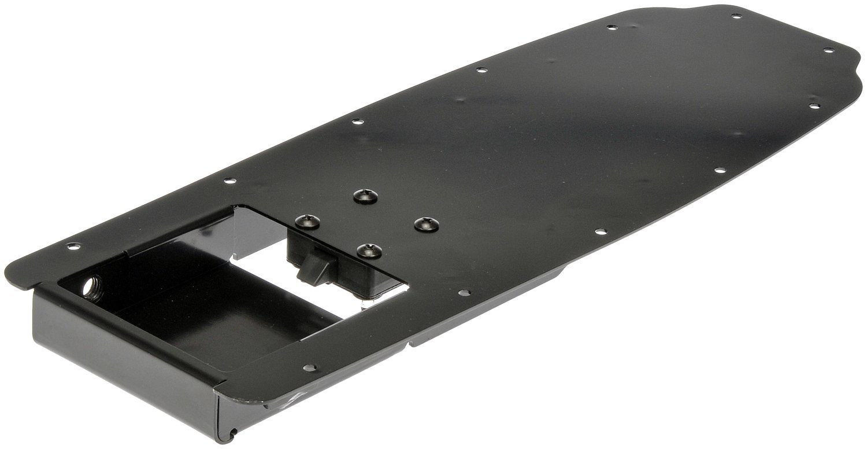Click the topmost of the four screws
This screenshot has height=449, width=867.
click(364, 197)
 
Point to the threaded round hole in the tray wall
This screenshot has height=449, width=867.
click(91, 287)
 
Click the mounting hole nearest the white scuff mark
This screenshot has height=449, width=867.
click(311, 367)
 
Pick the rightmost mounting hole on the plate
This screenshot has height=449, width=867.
click(829, 50)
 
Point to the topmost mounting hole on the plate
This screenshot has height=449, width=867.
click(736, 16)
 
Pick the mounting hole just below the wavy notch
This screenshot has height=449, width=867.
click(813, 106)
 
